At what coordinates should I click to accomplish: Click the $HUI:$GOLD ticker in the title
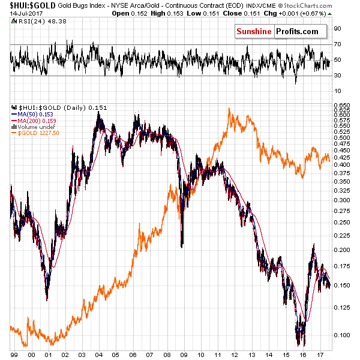[x=23, y=5]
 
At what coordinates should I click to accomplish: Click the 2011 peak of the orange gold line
[x=230, y=109]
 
